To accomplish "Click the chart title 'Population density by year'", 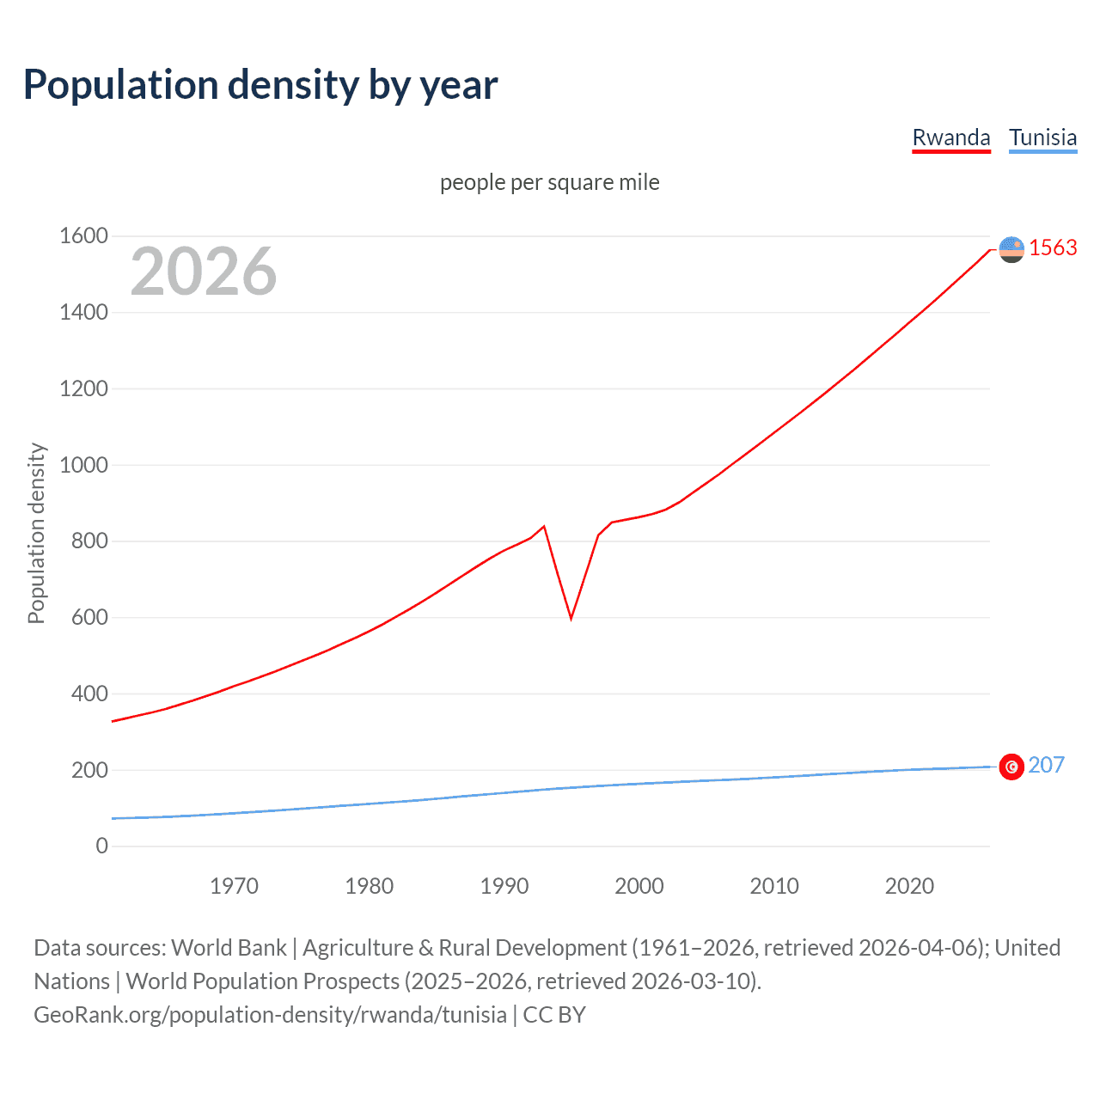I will pyautogui.click(x=260, y=85).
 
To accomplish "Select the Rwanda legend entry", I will pyautogui.click(x=950, y=137).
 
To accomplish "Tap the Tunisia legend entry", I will pyautogui.click(x=1042, y=137).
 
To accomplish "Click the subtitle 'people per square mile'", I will pyautogui.click(x=549, y=182).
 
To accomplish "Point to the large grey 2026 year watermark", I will pyautogui.click(x=204, y=272).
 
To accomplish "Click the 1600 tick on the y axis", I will pyautogui.click(x=83, y=235).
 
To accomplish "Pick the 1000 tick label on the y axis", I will pyautogui.click(x=83, y=465).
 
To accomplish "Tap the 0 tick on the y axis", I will pyautogui.click(x=101, y=846).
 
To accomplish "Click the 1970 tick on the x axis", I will pyautogui.click(x=234, y=886).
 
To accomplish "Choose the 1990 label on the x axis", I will pyautogui.click(x=504, y=886).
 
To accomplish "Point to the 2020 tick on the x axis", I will pyautogui.click(x=909, y=886).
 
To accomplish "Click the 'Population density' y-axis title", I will pyautogui.click(x=36, y=533).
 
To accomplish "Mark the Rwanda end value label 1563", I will pyautogui.click(x=1053, y=247).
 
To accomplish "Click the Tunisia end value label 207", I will pyautogui.click(x=1046, y=765).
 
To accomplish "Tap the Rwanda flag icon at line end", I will pyautogui.click(x=1011, y=249).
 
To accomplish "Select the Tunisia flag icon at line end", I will pyautogui.click(x=1011, y=767).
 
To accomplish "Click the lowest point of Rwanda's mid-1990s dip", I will pyautogui.click(x=571, y=618).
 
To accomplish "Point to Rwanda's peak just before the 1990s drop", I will pyautogui.click(x=544, y=526).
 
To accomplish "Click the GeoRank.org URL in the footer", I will pyautogui.click(x=270, y=1015).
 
